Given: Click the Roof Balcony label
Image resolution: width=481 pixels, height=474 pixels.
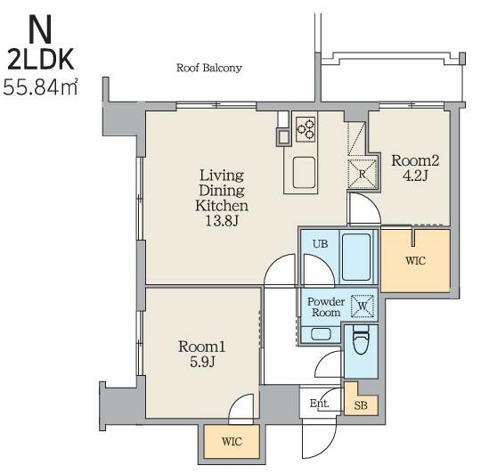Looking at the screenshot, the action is [209, 68].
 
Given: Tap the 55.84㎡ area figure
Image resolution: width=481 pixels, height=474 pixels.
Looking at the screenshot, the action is [40, 87].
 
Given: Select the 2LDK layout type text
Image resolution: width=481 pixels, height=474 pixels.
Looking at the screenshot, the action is [41, 60].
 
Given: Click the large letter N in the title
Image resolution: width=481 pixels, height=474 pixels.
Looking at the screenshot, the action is [40, 29].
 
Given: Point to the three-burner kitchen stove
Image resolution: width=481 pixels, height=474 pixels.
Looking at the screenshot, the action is [306, 129].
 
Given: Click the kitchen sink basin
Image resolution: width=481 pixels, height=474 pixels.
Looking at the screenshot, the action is [304, 173].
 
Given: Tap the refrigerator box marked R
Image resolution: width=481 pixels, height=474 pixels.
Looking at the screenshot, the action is [363, 174].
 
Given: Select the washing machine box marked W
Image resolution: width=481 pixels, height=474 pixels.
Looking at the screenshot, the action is [363, 306].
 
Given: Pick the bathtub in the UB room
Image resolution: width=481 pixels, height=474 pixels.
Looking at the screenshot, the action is [355, 257].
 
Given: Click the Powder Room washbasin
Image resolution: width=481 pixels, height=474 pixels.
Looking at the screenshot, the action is [321, 334].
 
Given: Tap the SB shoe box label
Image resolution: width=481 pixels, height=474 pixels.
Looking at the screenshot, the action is [361, 406].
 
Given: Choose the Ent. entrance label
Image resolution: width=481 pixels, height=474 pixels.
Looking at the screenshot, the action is [319, 403].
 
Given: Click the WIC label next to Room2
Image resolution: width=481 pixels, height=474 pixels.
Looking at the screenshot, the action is [415, 261].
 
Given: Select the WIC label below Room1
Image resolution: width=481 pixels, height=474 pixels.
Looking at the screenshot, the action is [232, 442].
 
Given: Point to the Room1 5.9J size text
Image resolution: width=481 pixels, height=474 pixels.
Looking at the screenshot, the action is [202, 362].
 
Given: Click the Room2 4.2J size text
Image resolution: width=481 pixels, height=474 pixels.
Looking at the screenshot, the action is [415, 176].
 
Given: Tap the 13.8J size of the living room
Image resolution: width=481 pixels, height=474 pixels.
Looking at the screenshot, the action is [222, 221].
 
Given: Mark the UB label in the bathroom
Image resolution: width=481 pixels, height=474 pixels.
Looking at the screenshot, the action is [320, 244].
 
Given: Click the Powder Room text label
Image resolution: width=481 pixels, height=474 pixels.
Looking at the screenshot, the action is [326, 307].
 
